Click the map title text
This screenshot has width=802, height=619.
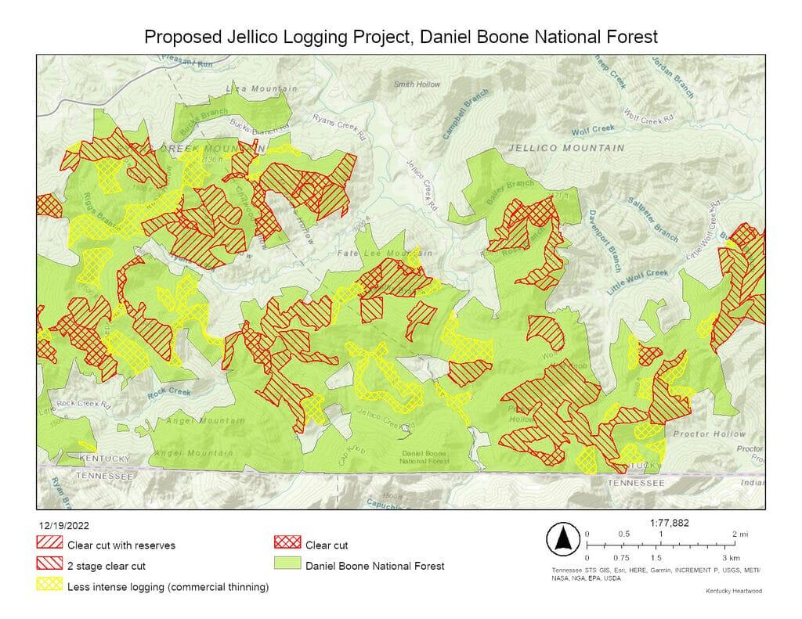399,37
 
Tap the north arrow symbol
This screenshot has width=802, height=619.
562,539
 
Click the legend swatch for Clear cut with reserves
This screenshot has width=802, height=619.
49,545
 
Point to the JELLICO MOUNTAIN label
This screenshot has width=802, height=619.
566,148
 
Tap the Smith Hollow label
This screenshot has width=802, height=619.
417,84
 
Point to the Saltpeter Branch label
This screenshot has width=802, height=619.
652,218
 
